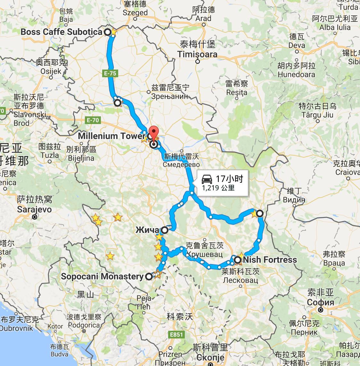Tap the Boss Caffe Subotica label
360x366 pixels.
click(x=61, y=32)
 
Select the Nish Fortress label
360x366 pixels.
click(x=270, y=260)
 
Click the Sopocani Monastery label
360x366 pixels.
click(x=102, y=276)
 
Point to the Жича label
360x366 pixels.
click(x=147, y=230)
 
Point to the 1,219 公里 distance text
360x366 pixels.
click(x=218, y=188)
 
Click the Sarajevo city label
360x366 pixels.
click(x=35, y=210)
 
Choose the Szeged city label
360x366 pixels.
click(x=135, y=13)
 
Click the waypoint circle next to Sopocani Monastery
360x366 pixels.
click(x=149, y=276)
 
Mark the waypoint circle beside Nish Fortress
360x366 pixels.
click(x=238, y=260)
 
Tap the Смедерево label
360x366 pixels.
click(x=181, y=165)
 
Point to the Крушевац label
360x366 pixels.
click(x=204, y=254)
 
